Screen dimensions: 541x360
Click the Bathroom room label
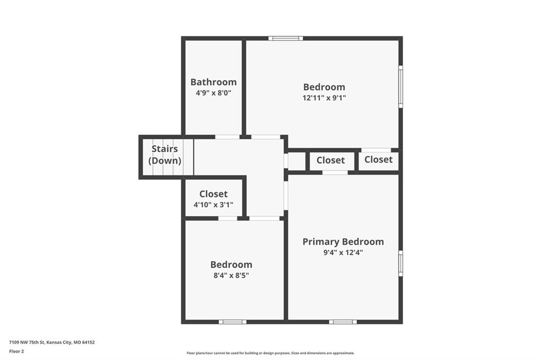coord(213,82)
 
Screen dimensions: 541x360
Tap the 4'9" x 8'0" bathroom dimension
coord(213,93)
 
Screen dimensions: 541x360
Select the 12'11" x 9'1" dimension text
coord(324,98)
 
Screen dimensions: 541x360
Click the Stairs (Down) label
coord(165,155)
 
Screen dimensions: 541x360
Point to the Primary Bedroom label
coord(343,242)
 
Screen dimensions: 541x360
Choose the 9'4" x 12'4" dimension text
coord(343,252)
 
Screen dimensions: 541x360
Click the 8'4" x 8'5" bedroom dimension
coord(231,276)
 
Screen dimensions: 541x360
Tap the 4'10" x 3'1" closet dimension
coord(213,205)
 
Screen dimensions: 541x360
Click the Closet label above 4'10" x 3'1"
coord(213,194)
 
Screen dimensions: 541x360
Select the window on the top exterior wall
coord(286,39)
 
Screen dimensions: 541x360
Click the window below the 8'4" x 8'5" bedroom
coord(232,322)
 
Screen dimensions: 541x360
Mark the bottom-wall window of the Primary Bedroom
coord(342,322)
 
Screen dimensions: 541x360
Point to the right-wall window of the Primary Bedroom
coord(400,263)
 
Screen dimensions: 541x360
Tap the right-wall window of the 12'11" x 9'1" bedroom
coord(400,87)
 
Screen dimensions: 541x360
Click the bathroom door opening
coord(227,137)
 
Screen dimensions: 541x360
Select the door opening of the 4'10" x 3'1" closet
coord(228,219)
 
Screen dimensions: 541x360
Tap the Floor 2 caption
coord(16,352)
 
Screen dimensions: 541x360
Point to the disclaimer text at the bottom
coord(270,353)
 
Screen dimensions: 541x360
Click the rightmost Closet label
coord(378,159)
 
